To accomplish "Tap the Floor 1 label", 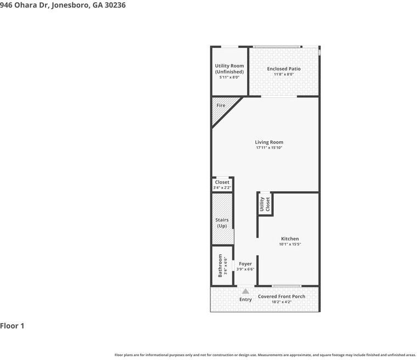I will (12, 326).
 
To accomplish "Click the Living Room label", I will (269, 142).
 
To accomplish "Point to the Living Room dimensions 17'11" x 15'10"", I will (269, 148).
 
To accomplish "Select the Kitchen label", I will (290, 239).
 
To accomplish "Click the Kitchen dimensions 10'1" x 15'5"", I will (290, 244).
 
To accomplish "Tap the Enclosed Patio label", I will (283, 69).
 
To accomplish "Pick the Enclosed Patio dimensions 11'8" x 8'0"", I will (283, 74).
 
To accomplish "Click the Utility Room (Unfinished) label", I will (229, 69).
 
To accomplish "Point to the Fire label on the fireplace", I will (220, 106).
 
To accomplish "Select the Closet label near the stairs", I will (222, 182).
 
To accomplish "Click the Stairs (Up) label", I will (221, 223).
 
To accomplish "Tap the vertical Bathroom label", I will (220, 265).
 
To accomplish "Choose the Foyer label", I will (245, 264).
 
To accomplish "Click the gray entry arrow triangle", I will (245, 291).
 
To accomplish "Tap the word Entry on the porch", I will (245, 300).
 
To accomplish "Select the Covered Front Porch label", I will (281, 296).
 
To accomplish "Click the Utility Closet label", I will (265, 204).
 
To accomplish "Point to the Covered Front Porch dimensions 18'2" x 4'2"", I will (281, 302).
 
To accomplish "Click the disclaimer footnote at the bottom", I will (265, 355).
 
